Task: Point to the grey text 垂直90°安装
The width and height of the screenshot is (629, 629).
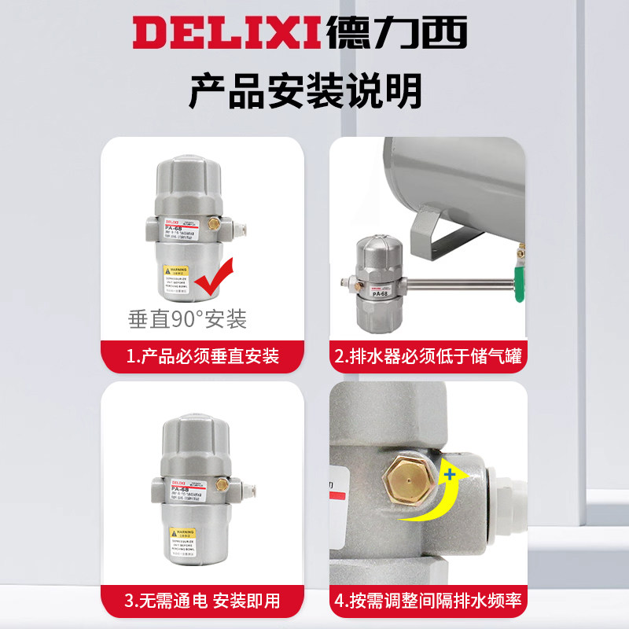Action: [188, 319]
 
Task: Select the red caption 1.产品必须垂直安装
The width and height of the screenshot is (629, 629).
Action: [203, 356]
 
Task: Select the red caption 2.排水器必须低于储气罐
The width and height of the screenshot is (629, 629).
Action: [428, 356]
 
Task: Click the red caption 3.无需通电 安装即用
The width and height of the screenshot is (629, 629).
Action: [203, 601]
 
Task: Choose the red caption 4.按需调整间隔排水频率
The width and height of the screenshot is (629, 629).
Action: [428, 601]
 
